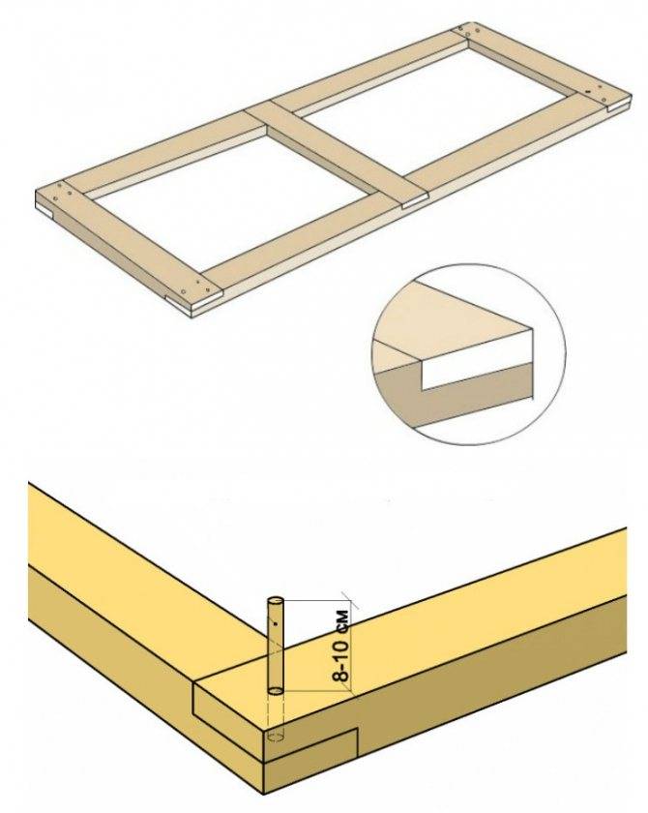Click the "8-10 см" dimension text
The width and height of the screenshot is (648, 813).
pos(341,645)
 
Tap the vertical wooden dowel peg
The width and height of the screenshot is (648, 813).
pos(275,647)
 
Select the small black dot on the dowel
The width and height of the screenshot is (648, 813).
pos(276,622)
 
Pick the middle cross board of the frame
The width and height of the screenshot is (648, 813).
pos(337,156)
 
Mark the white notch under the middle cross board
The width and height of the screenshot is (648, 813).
pos(414,203)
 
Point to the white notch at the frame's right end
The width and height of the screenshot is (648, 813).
pos(619,107)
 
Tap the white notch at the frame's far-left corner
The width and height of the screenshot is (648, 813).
pos(44,210)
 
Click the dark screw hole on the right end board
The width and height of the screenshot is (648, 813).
pos(588,91)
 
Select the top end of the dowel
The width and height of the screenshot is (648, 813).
pos(275,601)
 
